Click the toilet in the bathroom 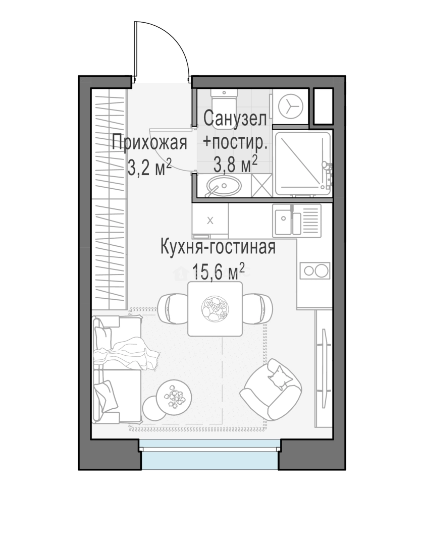pyautogui.click(x=224, y=108)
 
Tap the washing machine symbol pyautogui.click(x=291, y=106)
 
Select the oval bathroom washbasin pyautogui.click(x=223, y=185)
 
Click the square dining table pyautogui.click(x=215, y=309)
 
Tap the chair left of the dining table pyautogui.click(x=173, y=308)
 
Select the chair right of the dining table pyautogui.click(x=257, y=308)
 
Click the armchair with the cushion pyautogui.click(x=273, y=390)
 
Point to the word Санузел pyautogui.click(x=235, y=119)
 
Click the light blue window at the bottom pyautogui.click(x=210, y=455)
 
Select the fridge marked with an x pyautogui.click(x=210, y=221)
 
